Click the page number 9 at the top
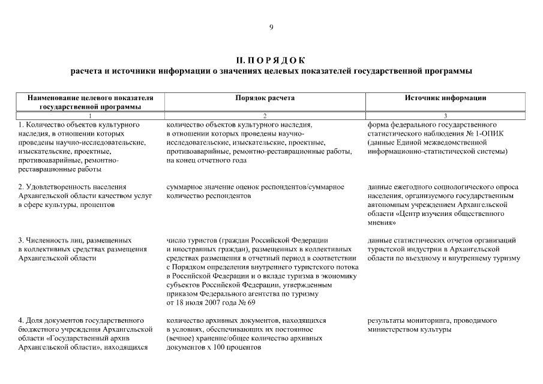point(271,27)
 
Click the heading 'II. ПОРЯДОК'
point(271,60)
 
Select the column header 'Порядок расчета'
point(265,98)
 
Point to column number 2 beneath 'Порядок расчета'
point(265,115)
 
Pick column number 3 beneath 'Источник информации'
point(445,115)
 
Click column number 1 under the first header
point(90,115)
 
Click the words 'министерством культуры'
point(409,329)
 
